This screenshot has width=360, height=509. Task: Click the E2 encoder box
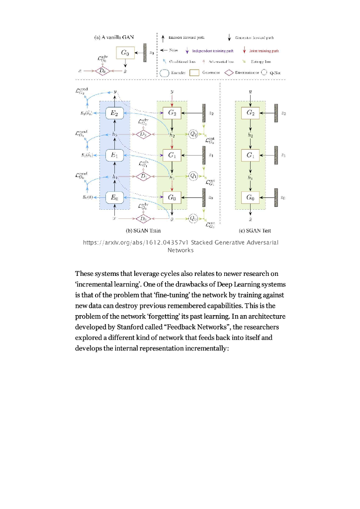coord(114,113)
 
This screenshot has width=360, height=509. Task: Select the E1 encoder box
coord(114,155)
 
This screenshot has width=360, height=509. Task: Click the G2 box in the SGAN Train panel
coord(172,113)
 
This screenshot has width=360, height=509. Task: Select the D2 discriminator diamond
coord(143,134)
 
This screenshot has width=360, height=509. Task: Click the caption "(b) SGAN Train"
coord(143,231)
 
